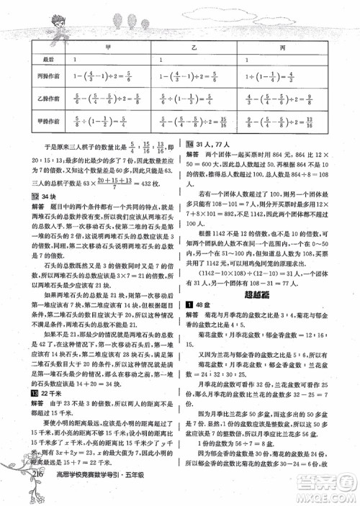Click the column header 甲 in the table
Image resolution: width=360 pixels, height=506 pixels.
(x=108, y=45)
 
